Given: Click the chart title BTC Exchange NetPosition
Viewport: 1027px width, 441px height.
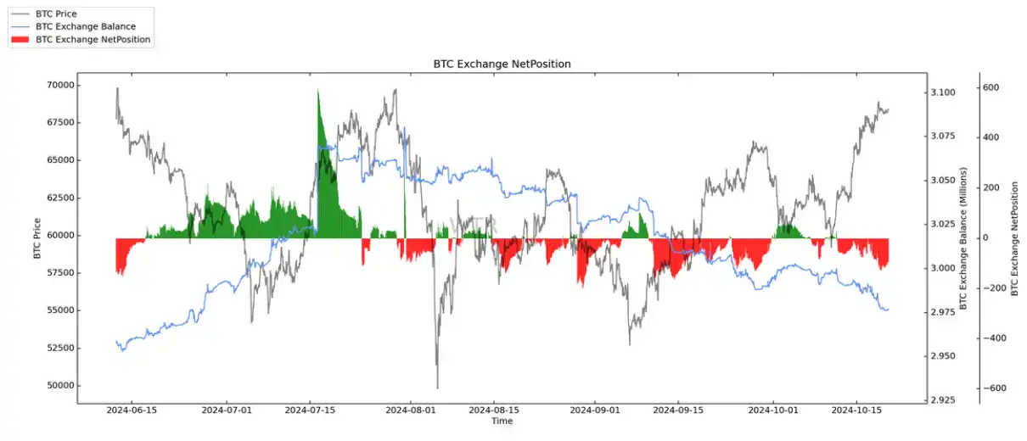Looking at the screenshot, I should pos(502,64).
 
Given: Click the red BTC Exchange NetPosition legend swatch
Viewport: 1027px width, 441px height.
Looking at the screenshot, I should pos(20,39).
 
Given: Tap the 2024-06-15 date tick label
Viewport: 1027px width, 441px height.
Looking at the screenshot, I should pos(132,410).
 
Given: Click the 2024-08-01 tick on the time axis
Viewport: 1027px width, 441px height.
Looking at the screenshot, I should pos(411,410).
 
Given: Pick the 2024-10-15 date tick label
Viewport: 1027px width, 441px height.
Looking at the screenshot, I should pos(856,410).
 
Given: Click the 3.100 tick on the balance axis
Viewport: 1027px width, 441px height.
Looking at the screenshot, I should pos(943,92).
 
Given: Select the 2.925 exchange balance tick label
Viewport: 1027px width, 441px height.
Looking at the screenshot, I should pos(943,399).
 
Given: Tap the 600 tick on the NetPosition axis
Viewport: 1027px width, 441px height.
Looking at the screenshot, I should pos(991,87).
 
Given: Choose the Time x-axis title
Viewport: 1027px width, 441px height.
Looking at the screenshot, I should pos(502,421).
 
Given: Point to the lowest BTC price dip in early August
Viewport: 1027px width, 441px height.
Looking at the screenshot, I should pos(437,387).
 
